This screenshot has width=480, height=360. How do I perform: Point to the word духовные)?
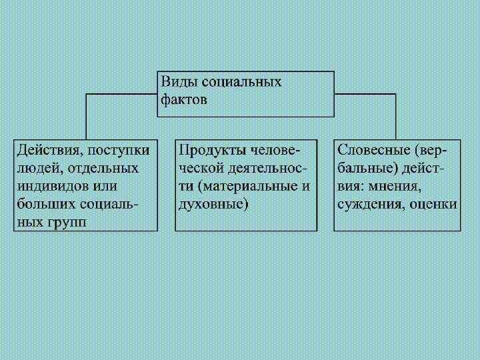(x=213, y=203)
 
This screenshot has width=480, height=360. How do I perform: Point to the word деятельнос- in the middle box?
(x=269, y=167)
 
